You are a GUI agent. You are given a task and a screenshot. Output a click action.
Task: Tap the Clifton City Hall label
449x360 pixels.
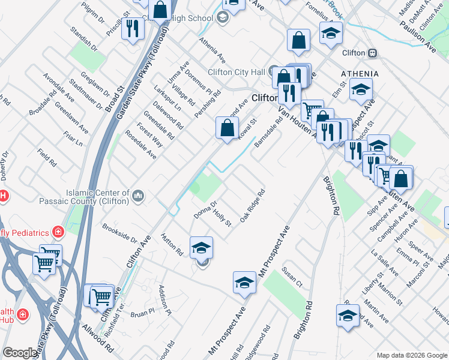tap(236, 72)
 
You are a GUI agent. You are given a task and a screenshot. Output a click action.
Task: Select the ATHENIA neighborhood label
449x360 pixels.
tap(360, 73)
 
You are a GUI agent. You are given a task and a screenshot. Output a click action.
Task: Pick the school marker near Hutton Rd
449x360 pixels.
tap(202, 247)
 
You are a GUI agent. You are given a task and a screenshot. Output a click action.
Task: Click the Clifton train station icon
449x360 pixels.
tap(373, 53)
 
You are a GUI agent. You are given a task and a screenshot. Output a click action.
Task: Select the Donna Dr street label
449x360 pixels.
tap(205, 206)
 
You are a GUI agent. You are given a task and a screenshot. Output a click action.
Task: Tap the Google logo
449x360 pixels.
tap(20, 353)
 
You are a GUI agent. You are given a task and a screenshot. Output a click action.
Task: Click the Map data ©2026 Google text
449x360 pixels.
tap(412, 355)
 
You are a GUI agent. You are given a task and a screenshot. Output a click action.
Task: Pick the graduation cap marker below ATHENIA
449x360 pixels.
tap(360, 91)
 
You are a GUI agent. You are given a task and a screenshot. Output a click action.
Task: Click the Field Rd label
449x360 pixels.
tap(46, 158)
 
